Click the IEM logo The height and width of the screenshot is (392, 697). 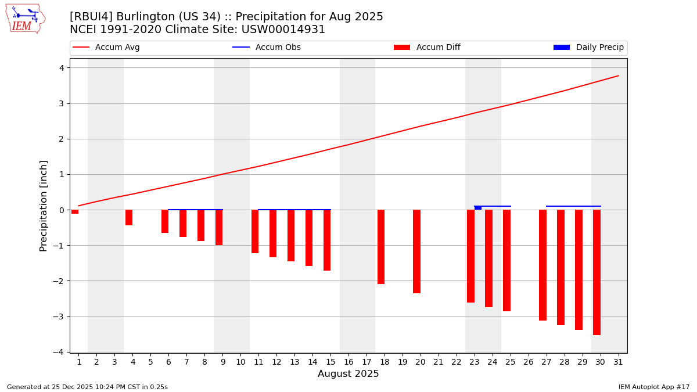[x=25, y=19]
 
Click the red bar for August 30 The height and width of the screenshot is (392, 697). [x=597, y=272]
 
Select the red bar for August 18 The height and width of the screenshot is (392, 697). [x=381, y=247]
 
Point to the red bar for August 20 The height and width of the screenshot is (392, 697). [x=416, y=251]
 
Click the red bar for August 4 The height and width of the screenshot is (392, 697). [x=129, y=217]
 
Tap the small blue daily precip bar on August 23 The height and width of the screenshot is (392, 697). [x=478, y=208]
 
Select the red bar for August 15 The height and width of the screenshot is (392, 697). [x=327, y=240]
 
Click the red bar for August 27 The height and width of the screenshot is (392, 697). [x=542, y=265]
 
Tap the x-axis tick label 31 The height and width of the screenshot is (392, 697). [x=618, y=362]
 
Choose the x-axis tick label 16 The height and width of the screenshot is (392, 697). [x=348, y=362]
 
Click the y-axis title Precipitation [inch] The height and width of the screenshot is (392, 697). [x=44, y=206]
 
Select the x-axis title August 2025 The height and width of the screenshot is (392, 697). [x=348, y=374]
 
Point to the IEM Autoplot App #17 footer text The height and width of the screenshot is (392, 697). [x=654, y=387]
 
